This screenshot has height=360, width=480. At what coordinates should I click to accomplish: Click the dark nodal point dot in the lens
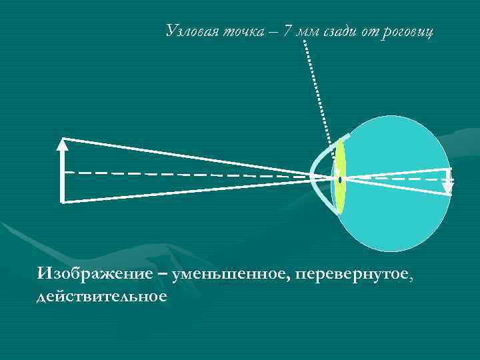click(x=340, y=179)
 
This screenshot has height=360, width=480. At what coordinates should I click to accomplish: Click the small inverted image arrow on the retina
click(x=448, y=181)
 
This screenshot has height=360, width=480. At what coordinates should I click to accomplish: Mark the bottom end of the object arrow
click(x=62, y=200)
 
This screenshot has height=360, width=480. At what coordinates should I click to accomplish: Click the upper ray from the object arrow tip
click(x=187, y=157)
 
